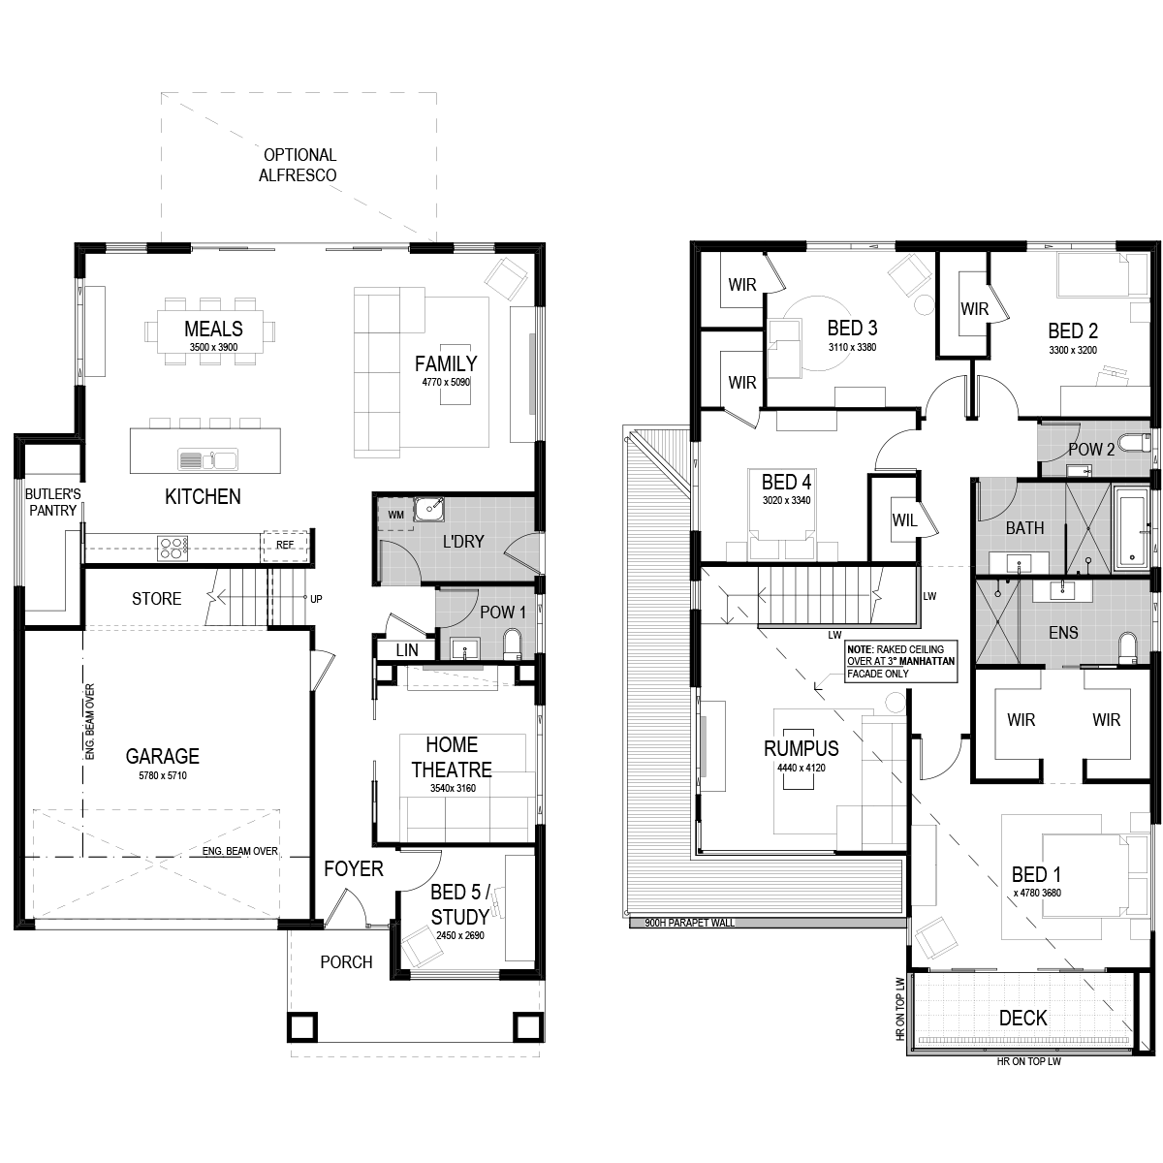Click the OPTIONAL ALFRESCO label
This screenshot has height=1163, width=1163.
[x=299, y=165]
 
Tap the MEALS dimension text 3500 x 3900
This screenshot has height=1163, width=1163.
[x=213, y=347]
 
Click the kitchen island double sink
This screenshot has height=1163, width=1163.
[x=207, y=460]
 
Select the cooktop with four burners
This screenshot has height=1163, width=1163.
[x=173, y=548]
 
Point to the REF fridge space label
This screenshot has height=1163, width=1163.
[x=285, y=545]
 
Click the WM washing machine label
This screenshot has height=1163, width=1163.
[x=396, y=515]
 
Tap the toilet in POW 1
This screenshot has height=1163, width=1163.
[x=513, y=644]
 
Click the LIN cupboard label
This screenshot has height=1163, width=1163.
[x=407, y=650]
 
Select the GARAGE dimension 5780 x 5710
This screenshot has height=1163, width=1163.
[x=163, y=775]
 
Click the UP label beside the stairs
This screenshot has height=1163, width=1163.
[x=316, y=599]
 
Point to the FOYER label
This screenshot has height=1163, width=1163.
[x=354, y=869]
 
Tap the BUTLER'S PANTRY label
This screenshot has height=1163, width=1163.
[x=53, y=502]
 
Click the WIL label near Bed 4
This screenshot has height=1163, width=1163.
[x=904, y=520]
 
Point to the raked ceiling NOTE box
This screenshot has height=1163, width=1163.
[x=901, y=662]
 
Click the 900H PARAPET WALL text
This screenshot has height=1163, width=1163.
[x=690, y=923]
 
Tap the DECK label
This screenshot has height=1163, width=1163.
[x=1023, y=1019]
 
